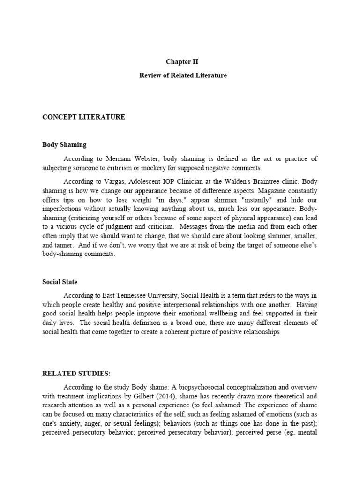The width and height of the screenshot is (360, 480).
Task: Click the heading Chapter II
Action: coord(179,62)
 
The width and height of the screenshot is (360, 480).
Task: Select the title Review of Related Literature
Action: coord(183,75)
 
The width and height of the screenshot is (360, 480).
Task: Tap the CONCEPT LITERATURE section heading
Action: coord(83,117)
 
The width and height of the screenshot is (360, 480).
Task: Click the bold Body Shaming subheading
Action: coord(64,145)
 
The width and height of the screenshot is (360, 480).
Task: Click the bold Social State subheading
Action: coord(60,282)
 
